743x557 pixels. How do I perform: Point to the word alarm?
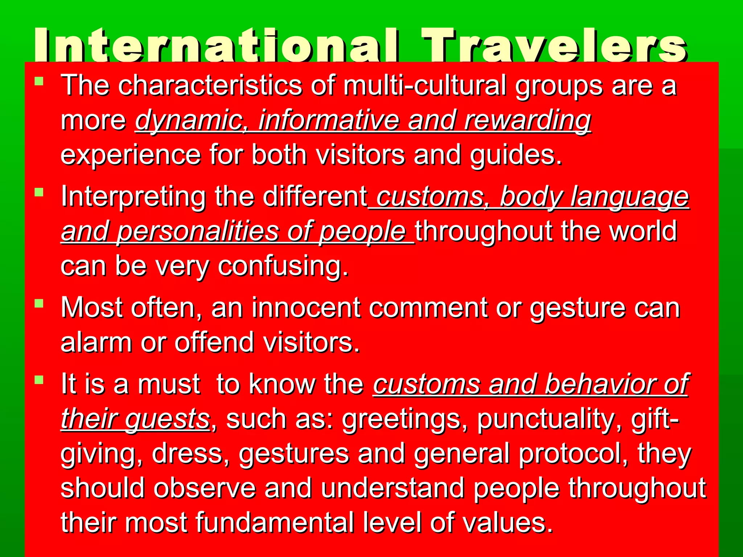coord(96,342)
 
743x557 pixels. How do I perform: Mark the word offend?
coord(214,342)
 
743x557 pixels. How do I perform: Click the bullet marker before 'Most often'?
coord(39,303)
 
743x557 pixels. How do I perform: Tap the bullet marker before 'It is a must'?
coord(39,380)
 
